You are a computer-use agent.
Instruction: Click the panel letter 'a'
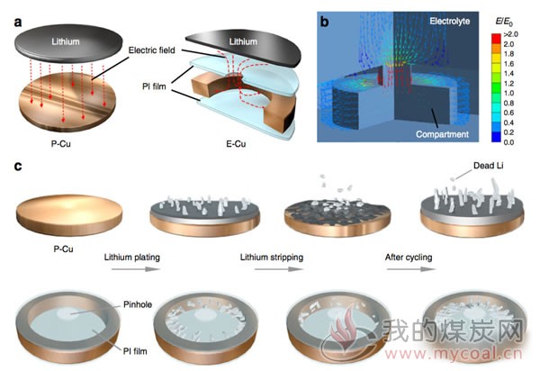point(18,23)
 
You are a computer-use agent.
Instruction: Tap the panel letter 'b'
point(324,22)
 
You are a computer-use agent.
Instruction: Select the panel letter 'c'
point(18,167)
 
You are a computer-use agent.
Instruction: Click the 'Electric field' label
point(151,50)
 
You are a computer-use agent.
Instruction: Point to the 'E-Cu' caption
point(236,144)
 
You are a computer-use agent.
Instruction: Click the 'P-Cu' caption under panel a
point(61,144)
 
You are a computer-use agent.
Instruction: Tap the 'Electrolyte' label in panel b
point(449,22)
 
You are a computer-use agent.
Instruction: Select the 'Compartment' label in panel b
point(442,134)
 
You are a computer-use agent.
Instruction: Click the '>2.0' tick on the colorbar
point(510,34)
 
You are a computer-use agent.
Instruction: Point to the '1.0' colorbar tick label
point(508,93)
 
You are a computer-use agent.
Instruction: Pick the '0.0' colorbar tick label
point(508,142)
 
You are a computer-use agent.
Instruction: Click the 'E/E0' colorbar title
point(504,22)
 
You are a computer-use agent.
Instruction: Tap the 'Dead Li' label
point(489,166)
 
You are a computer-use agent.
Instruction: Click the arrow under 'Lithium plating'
point(136,269)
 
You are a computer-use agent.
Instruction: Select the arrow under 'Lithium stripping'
point(279,269)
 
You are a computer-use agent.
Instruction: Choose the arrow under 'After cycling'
point(411,269)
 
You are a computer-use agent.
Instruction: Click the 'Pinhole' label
point(138,304)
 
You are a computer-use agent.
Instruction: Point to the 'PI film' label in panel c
point(135,351)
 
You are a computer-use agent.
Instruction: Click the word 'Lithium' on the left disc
point(66,41)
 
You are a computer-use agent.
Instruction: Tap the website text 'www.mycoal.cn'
point(454,354)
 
